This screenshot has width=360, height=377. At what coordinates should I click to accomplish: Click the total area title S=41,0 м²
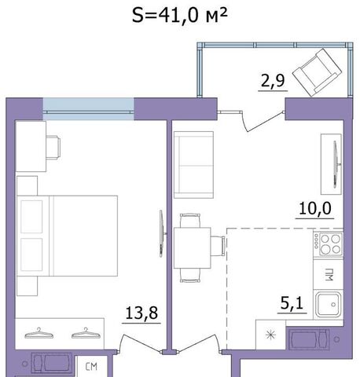coord(180,15)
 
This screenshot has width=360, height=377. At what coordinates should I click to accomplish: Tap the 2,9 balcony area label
coord(273,81)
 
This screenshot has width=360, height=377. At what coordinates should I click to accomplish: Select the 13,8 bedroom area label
coord(141,313)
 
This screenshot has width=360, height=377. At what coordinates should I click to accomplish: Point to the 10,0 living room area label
coord(315,209)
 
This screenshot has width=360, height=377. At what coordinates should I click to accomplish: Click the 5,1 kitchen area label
coord(292,303)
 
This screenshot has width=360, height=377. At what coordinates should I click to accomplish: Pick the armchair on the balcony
coord(317,72)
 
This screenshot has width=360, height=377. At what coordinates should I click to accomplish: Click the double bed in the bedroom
coord(67,236)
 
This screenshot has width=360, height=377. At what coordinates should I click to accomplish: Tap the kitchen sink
coord(329,305)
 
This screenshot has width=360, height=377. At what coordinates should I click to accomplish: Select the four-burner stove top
coord(329,244)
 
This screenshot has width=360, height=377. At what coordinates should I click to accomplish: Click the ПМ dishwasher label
coord(329,275)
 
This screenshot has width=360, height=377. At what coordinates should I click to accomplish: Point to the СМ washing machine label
coord(91,367)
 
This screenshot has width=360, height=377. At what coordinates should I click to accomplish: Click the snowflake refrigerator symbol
coord(270,335)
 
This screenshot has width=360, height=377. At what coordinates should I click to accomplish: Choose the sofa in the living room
coord(193,165)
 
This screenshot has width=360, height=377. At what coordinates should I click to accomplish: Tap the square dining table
coord(193,248)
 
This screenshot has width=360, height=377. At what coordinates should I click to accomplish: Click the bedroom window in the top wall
coord(88,109)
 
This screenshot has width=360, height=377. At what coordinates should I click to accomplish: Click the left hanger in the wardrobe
coord(39,334)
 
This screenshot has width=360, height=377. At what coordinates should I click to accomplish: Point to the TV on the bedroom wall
coord(163,233)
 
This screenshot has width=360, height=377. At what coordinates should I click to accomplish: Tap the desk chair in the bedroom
coord(53,147)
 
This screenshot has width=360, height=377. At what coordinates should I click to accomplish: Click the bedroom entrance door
coord(141,343)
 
